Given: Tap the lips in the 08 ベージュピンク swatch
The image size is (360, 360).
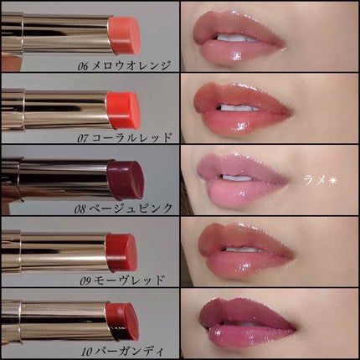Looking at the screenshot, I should click(243, 176).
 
